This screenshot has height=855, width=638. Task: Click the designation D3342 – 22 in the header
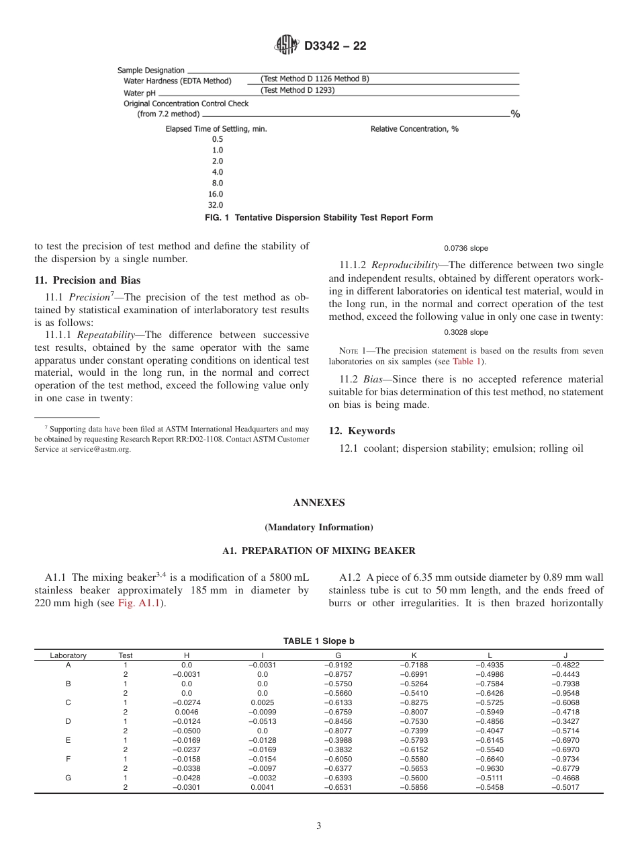[x=335, y=46]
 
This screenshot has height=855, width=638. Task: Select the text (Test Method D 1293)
[x=297, y=90]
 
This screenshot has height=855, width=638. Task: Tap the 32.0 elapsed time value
[x=217, y=205]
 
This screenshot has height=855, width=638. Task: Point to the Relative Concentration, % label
[x=414, y=128]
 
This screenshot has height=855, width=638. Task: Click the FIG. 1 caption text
[x=318, y=218]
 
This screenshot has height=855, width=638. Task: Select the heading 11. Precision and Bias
[x=87, y=280]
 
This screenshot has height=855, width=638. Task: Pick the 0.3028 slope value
[x=466, y=333]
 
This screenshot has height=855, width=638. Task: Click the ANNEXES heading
[x=318, y=503]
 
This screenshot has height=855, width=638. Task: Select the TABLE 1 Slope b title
[x=318, y=641]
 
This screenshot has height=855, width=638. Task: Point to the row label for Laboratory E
[x=68, y=739]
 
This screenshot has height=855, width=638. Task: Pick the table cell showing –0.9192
[x=338, y=665]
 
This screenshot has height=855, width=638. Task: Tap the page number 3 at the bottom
[x=318, y=826]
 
